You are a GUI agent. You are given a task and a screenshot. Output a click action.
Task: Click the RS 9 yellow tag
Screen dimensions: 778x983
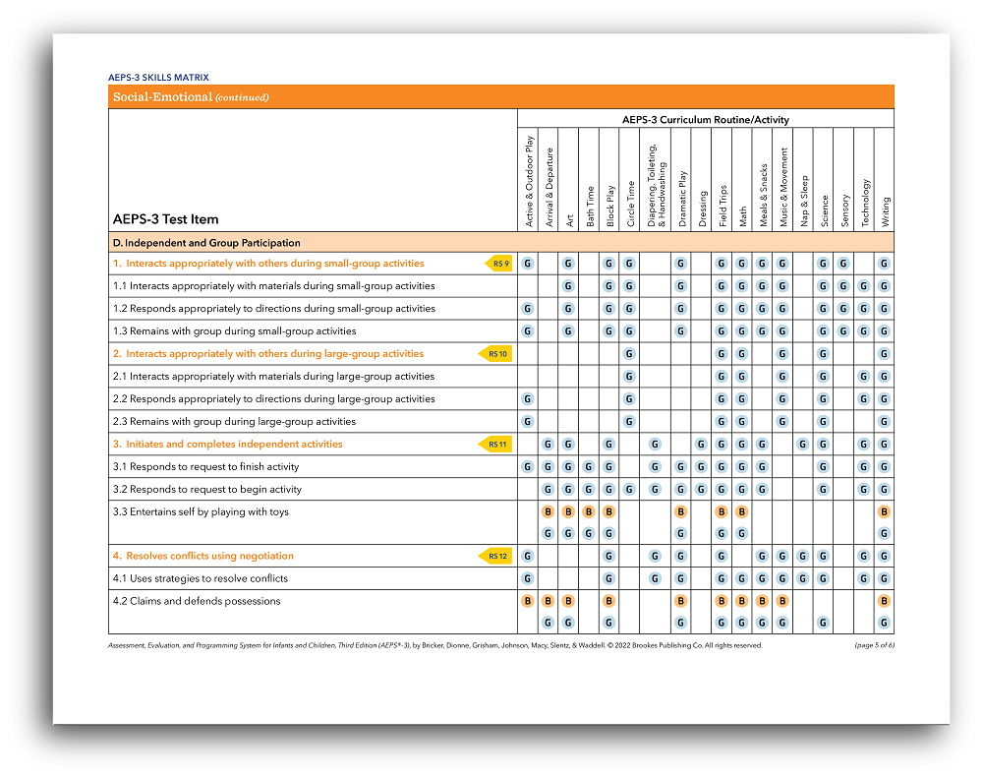pyautogui.click(x=499, y=264)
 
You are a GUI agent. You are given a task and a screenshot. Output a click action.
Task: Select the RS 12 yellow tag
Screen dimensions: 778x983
pyautogui.click(x=497, y=557)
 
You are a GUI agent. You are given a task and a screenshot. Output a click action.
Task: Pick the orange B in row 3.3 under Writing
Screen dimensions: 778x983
pyautogui.click(x=884, y=511)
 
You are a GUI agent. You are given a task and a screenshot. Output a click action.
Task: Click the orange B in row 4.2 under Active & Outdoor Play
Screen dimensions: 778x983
pyautogui.click(x=528, y=601)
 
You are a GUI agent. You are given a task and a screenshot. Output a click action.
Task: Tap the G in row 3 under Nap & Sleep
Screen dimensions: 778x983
pyautogui.click(x=803, y=445)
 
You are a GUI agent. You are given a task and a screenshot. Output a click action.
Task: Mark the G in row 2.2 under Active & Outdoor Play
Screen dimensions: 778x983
pyautogui.click(x=528, y=399)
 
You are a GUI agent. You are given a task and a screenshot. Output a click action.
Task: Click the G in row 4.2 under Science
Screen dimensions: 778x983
pyautogui.click(x=823, y=623)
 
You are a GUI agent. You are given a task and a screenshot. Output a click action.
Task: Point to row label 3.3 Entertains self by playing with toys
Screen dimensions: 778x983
pyautogui.click(x=201, y=511)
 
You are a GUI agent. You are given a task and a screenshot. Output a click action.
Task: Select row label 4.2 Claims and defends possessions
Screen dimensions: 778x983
pyautogui.click(x=196, y=601)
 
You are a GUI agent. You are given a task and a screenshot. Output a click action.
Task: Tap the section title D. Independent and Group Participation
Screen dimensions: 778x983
pyautogui.click(x=206, y=242)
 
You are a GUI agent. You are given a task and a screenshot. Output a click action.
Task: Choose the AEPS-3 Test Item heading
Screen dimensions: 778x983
pyautogui.click(x=165, y=218)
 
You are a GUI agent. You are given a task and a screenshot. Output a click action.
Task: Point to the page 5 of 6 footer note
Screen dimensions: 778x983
pyautogui.click(x=874, y=645)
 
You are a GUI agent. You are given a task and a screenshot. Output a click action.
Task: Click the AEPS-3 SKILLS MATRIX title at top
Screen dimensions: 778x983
pyautogui.click(x=158, y=77)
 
